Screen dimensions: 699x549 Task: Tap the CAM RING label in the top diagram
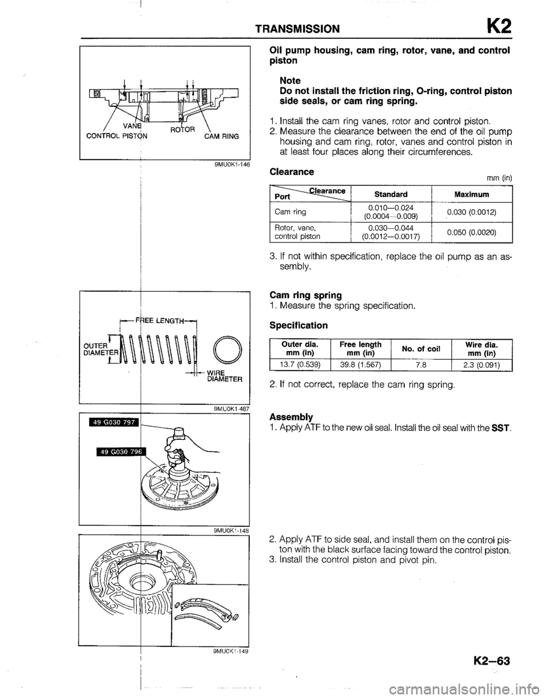click(x=222, y=136)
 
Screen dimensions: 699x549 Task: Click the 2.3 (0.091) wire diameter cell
click(x=481, y=364)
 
